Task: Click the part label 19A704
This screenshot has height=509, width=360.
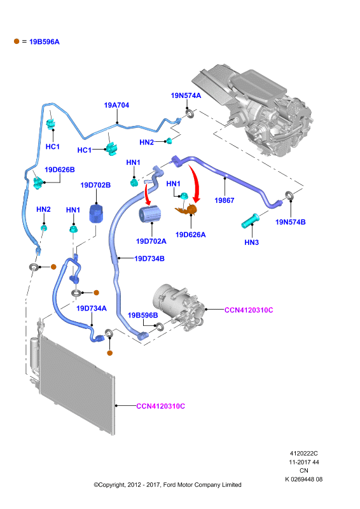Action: point(116,105)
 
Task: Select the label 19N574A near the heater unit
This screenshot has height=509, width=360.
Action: point(186,95)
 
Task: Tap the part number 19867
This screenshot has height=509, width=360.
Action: point(225,200)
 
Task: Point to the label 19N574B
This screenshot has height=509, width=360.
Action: point(291,222)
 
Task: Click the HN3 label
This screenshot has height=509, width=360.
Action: point(252,242)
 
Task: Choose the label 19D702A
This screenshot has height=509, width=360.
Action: point(151,241)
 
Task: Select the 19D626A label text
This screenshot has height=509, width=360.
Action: point(191,235)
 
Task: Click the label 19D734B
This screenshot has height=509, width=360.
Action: point(149,259)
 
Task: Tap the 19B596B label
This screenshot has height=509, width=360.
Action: point(143,315)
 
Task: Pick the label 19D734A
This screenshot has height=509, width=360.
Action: point(92,309)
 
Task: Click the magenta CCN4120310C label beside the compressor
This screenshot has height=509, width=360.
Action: point(249,310)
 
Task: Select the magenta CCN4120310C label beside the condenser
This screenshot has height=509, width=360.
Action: point(161,406)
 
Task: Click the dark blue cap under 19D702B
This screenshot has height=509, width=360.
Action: point(96,213)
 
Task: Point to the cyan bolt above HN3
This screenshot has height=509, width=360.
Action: point(250,221)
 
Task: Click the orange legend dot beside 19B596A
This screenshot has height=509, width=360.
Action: point(17,41)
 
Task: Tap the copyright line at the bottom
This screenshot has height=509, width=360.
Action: point(167,485)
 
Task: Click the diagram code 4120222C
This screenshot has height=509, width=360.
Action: point(304,453)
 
